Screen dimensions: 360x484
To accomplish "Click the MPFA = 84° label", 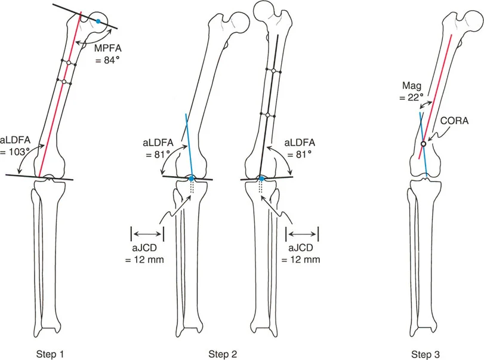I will coord(109,54).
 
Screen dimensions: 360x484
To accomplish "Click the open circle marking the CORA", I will coord(423,144).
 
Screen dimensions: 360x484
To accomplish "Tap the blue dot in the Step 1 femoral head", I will coord(98,21).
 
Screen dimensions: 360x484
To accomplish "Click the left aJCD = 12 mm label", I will coord(145,254).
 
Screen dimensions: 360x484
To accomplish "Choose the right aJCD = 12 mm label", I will coord(303,254).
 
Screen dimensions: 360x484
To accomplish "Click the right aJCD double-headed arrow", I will coord(303,233).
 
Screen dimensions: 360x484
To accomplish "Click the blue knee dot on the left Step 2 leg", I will coord(191,179).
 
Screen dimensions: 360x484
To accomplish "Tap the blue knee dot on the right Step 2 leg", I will coord(261,179).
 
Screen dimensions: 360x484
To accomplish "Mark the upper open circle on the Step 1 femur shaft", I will coord(69,63).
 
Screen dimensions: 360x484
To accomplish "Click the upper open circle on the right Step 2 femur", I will coord(273,71).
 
